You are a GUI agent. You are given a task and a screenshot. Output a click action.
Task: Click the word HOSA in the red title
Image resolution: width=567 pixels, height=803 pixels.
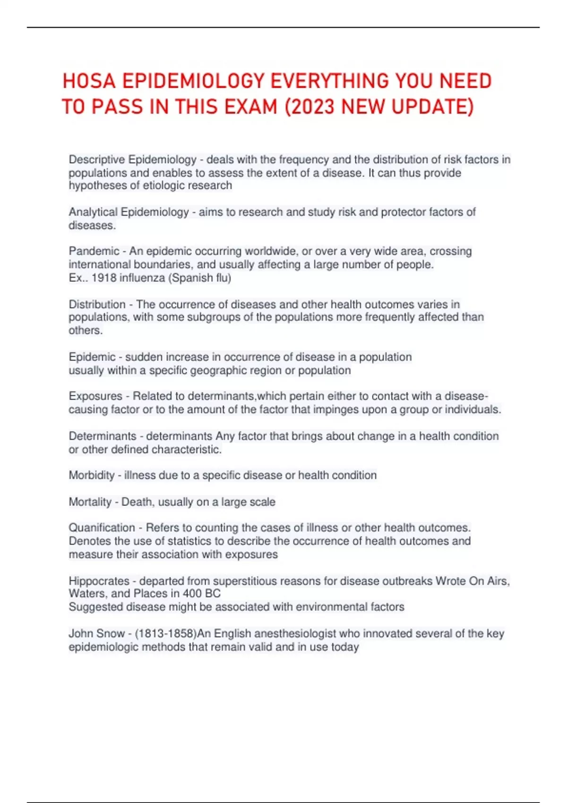click(x=89, y=81)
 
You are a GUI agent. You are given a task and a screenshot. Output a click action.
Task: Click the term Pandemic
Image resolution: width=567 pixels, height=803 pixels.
click(x=94, y=251)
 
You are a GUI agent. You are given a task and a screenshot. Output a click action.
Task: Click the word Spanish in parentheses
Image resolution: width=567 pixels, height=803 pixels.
click(x=192, y=278)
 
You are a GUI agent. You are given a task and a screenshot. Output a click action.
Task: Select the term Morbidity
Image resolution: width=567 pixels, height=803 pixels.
click(x=92, y=475)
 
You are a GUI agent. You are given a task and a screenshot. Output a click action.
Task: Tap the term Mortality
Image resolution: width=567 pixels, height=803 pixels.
click(x=90, y=502)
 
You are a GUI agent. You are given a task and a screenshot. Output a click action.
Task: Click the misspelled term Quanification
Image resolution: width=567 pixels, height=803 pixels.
click(x=102, y=528)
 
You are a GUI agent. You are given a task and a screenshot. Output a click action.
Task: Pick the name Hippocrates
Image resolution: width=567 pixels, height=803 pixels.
click(x=99, y=581)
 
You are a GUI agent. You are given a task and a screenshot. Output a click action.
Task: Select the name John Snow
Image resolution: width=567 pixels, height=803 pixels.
click(x=96, y=633)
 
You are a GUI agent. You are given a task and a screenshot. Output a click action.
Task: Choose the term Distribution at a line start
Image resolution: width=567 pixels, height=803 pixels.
click(x=97, y=304)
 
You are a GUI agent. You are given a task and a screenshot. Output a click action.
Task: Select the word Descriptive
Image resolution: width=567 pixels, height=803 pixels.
click(x=97, y=160)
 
